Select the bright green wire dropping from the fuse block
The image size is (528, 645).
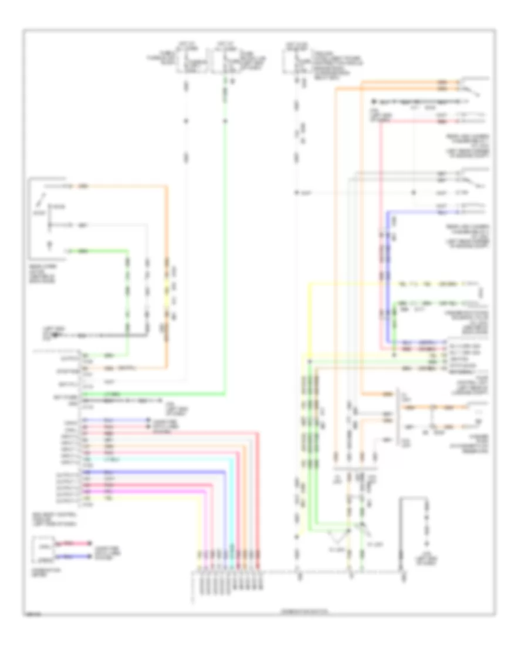(x=225, y=235)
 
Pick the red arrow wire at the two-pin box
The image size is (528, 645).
(x=75, y=544)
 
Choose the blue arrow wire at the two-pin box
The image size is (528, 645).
(x=75, y=555)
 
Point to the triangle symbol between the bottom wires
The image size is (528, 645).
(x=339, y=536)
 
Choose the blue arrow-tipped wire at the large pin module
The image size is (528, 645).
(x=117, y=420)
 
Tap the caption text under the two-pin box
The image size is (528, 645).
(x=41, y=570)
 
